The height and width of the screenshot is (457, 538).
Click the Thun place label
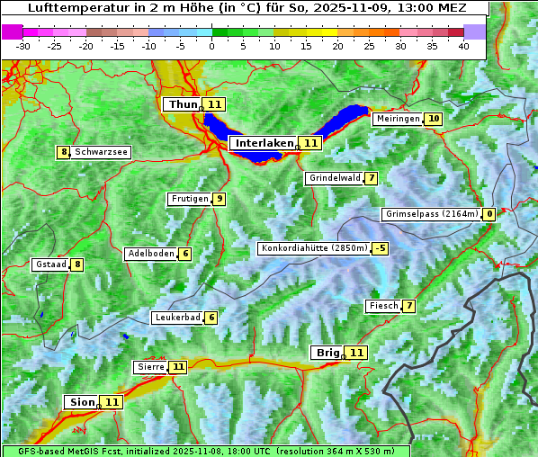[182, 104]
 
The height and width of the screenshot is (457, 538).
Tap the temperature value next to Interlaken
[310, 143]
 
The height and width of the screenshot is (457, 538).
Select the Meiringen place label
[398, 119]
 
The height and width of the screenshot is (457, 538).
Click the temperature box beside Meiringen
[434, 119]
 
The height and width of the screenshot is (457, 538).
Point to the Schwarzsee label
[101, 152]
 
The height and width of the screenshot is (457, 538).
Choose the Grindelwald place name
[335, 178]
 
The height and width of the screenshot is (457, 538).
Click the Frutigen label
[189, 199]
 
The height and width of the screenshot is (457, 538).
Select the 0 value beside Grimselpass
[489, 214]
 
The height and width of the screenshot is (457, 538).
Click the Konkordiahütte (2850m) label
[314, 248]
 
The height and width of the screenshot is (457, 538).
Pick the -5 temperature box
[381, 248]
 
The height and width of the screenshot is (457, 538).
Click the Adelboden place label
[150, 254]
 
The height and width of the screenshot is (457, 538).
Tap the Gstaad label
[49, 264]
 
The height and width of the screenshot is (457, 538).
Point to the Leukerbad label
[176, 318]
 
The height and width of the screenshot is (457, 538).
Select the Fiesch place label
[383, 306]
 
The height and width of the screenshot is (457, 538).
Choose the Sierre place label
[150, 367]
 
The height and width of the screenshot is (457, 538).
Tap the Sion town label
[80, 402]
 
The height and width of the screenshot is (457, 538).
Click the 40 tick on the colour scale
[463, 45]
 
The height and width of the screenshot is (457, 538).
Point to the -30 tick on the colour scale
[23, 45]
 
